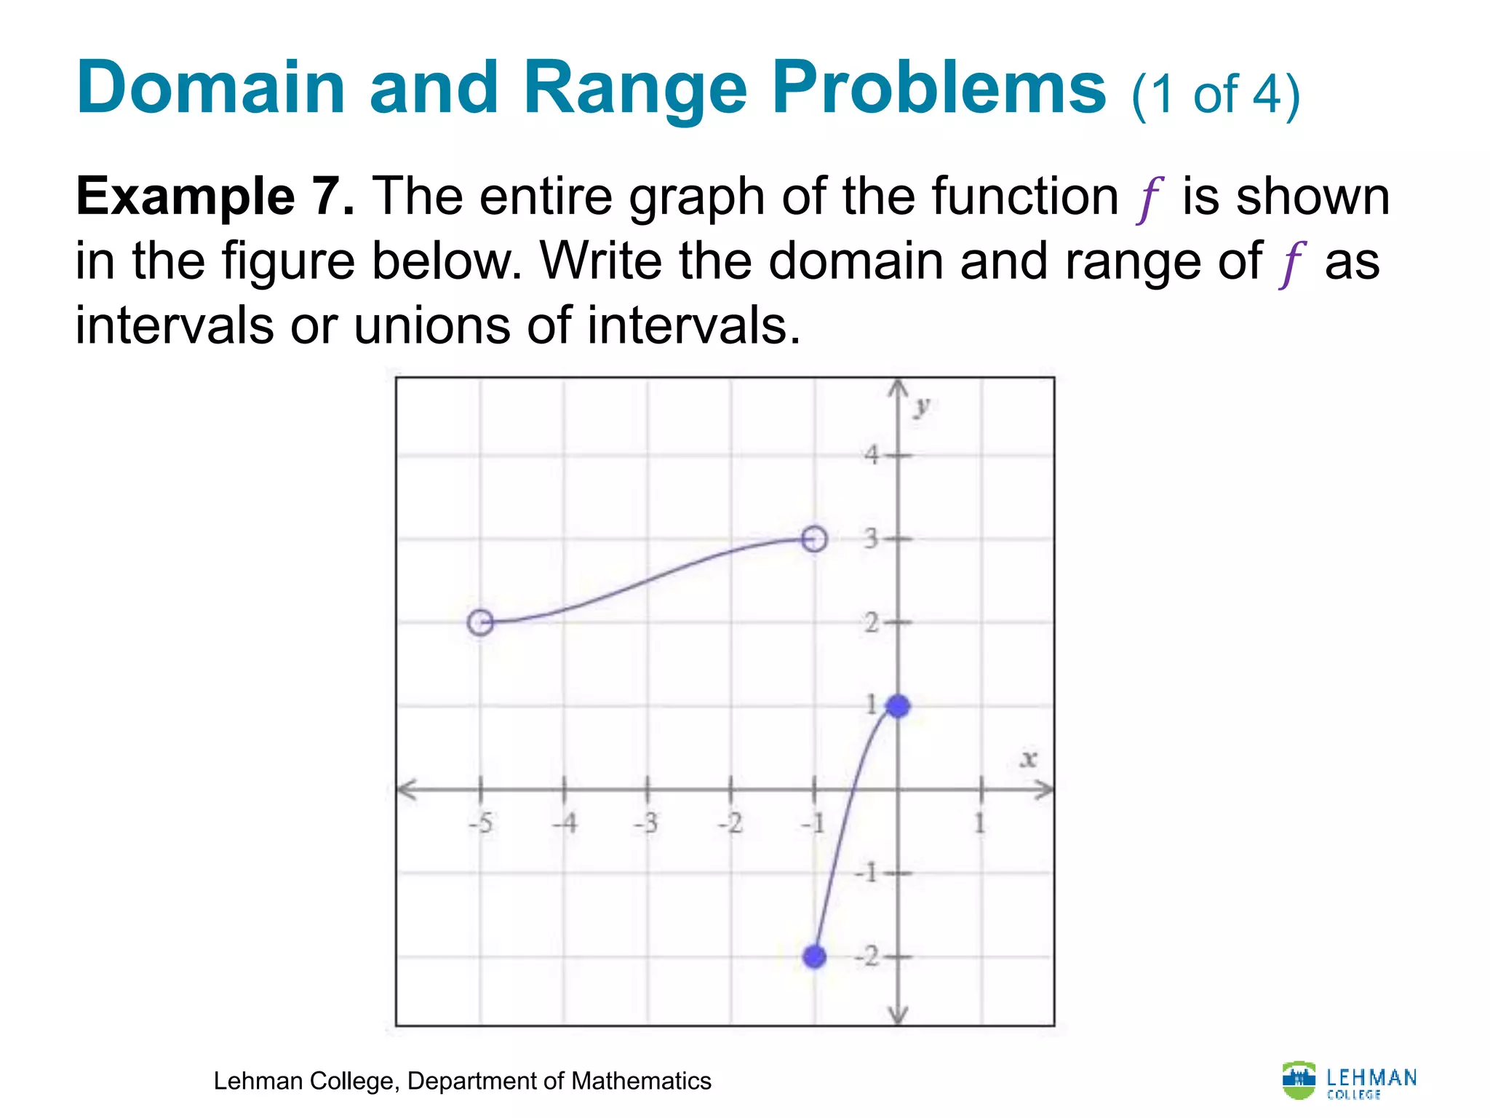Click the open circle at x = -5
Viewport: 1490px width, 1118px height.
tap(480, 622)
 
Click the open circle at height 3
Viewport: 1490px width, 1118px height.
tap(815, 539)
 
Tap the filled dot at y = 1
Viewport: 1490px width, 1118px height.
tap(899, 705)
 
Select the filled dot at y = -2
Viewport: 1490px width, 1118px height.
tap(815, 956)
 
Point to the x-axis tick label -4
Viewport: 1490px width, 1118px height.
tap(564, 824)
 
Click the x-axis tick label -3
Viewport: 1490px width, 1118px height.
tap(646, 824)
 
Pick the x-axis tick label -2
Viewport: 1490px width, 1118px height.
tap(730, 824)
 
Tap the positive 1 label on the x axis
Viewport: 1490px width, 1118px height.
tap(980, 824)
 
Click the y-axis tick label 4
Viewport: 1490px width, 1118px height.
tap(872, 456)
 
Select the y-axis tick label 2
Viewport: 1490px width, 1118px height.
tap(872, 623)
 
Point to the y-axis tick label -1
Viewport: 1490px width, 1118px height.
tap(867, 872)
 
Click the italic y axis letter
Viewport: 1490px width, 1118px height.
tap(923, 407)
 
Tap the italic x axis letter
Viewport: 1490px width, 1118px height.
tap(1028, 760)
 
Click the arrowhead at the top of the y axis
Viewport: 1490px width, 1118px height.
tap(899, 387)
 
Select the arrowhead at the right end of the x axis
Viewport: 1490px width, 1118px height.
tap(1045, 789)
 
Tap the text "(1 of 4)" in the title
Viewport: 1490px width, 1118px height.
tap(1216, 95)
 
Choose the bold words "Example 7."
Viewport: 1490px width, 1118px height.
tap(215, 197)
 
